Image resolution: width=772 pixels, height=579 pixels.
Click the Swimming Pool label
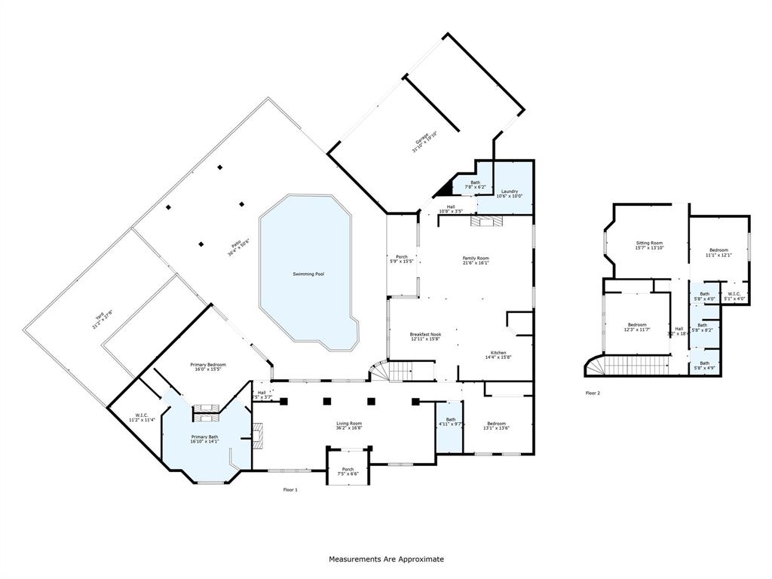308,274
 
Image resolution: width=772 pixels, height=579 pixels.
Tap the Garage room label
424,142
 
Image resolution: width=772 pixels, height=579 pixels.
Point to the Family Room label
476,260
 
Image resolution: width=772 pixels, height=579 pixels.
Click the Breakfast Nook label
425,336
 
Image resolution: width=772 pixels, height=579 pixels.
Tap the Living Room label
349,426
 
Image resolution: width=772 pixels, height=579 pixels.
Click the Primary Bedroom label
207,367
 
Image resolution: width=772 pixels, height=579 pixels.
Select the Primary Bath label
204,439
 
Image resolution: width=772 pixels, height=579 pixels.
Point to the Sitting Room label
648,245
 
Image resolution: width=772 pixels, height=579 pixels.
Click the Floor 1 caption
290,490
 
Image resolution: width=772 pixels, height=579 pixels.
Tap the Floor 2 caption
593,393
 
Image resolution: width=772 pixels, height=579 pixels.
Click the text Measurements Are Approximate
386,559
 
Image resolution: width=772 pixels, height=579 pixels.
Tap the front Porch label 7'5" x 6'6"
348,471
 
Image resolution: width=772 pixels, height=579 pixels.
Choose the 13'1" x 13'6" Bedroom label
496,426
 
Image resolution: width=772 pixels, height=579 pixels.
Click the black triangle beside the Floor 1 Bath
447,185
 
